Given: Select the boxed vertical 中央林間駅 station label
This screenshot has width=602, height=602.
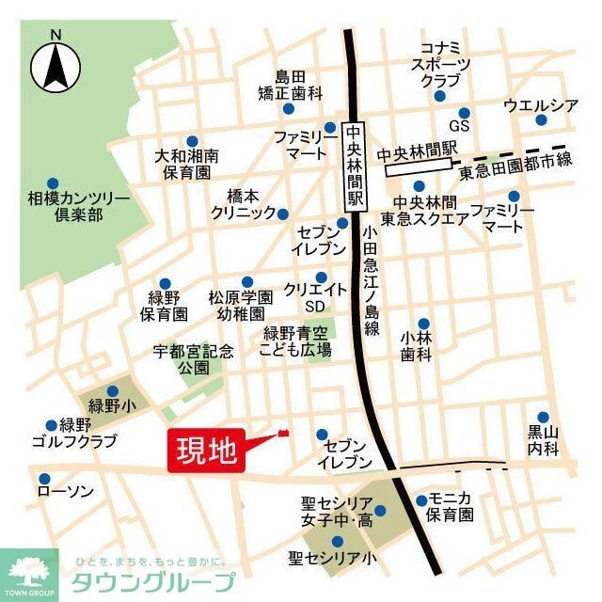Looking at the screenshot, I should (355, 166).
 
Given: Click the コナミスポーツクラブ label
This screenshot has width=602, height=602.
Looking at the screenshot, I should (440, 64).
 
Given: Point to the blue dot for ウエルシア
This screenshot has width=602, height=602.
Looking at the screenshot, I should (541, 120).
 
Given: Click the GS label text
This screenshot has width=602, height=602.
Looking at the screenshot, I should (459, 125).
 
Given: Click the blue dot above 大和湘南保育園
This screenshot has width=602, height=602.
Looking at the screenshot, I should (192, 137).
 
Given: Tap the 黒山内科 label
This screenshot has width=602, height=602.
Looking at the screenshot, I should (544, 440).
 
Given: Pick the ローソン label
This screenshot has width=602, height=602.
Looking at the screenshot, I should (65, 491).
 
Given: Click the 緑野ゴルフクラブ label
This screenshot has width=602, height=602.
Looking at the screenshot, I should (74, 434).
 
